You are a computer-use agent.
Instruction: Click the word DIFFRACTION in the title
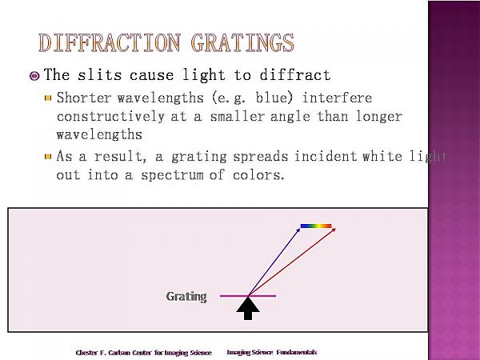click(110, 42)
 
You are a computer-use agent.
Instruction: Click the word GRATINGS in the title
click(242, 42)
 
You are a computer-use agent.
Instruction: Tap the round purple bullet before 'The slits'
click(34, 76)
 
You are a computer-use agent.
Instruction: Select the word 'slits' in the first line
click(99, 74)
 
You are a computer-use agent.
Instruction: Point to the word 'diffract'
click(295, 74)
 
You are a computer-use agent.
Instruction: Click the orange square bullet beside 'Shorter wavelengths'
click(48, 98)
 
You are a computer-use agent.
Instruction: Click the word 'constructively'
click(110, 117)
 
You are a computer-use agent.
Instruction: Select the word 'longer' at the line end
click(378, 117)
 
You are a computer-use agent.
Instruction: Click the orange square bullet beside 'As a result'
click(48, 157)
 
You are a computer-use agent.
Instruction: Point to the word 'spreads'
click(261, 157)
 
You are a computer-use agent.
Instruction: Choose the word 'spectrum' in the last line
click(172, 175)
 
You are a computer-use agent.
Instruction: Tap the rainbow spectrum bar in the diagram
click(316, 226)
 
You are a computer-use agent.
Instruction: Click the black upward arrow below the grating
click(248, 309)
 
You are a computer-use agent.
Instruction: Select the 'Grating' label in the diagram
click(186, 296)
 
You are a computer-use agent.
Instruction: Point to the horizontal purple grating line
click(248, 296)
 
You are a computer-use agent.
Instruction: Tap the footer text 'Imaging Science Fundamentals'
click(272, 352)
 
